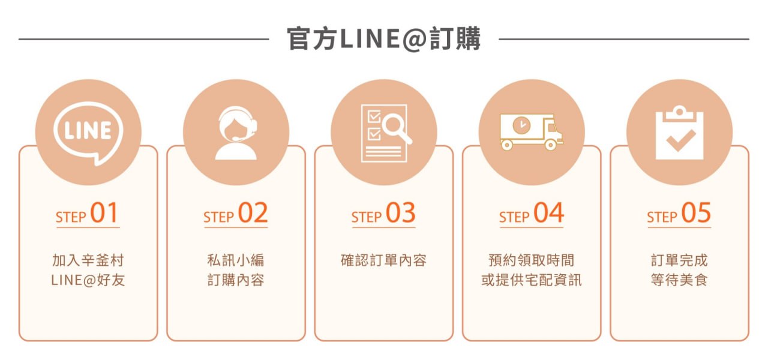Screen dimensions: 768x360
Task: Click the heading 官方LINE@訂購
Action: pyautogui.click(x=383, y=39)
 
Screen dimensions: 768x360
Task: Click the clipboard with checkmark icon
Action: pyautogui.click(x=679, y=133)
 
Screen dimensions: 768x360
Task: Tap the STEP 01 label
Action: pyautogui.click(x=87, y=213)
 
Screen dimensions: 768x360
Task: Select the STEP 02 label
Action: pyautogui.click(x=236, y=213)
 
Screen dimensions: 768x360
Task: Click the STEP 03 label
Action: pyautogui.click(x=383, y=213)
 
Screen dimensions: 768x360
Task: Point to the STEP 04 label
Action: pyautogui.click(x=531, y=213)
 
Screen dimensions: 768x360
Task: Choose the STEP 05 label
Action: pyautogui.click(x=679, y=213)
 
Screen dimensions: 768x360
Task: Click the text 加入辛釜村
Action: pyautogui.click(x=88, y=260)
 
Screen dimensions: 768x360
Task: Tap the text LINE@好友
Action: pyautogui.click(x=88, y=280)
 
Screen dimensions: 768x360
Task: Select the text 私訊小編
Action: pyautogui.click(x=236, y=260)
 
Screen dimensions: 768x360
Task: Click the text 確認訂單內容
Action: pyautogui.click(x=383, y=260)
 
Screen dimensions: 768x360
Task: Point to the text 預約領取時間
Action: pyautogui.click(x=531, y=260)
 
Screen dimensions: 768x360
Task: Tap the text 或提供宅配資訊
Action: pyautogui.click(x=531, y=280)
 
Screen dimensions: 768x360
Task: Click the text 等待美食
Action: pyautogui.click(x=679, y=280)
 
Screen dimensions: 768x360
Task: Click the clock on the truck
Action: pyautogui.click(x=521, y=125)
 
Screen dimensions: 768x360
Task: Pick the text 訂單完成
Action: pyautogui.click(x=679, y=260)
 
